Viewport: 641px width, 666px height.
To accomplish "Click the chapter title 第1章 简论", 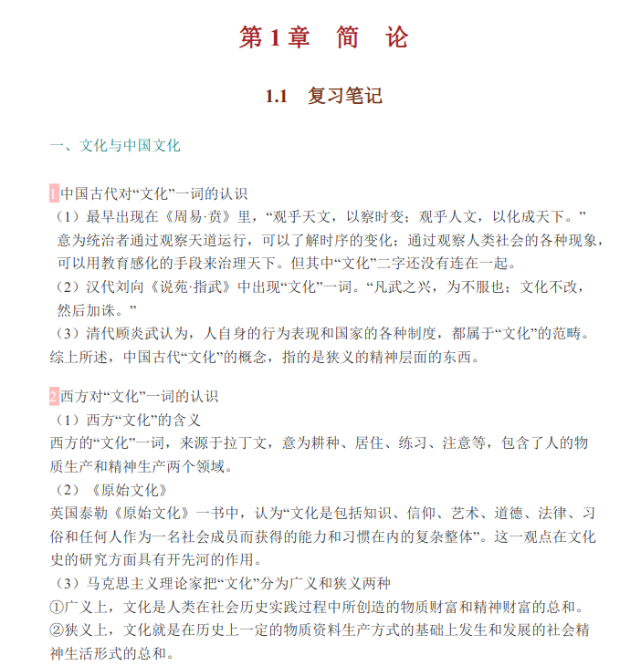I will [x=323, y=37].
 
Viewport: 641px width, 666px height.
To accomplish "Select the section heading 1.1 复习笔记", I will [x=323, y=96].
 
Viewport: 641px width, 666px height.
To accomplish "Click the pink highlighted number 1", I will [x=54, y=193].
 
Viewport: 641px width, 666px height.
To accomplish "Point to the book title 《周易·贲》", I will [x=195, y=216].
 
